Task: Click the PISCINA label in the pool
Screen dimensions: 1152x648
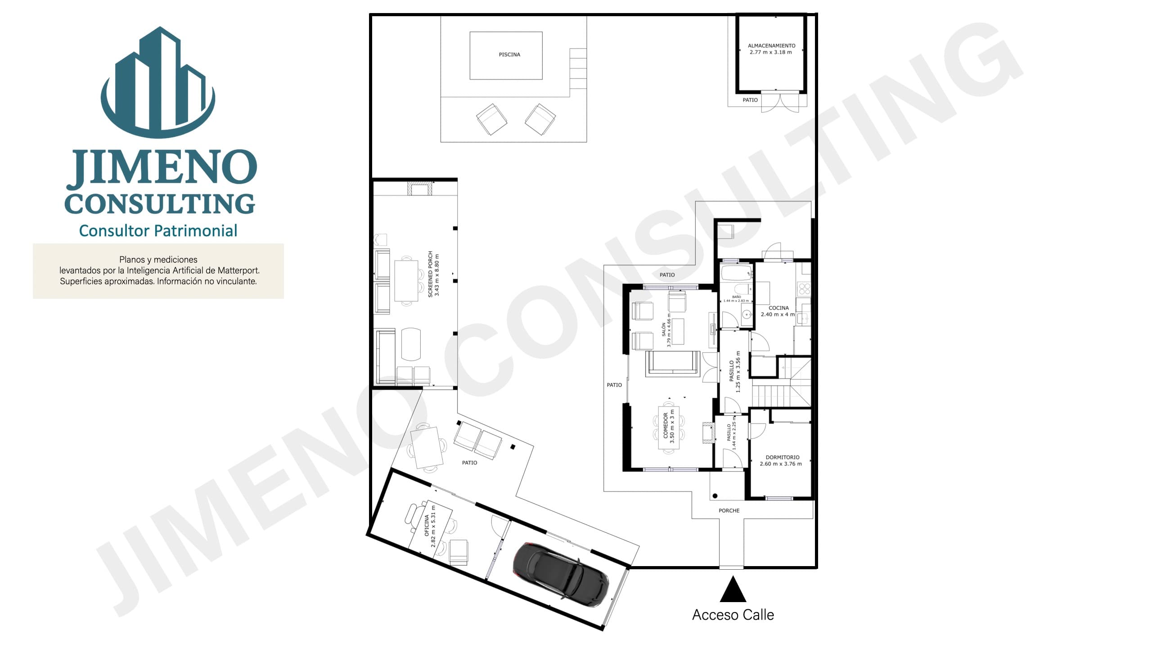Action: pyautogui.click(x=509, y=54)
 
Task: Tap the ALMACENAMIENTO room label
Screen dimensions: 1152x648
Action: pyautogui.click(x=771, y=45)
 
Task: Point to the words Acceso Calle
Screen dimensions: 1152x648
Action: pyautogui.click(x=733, y=615)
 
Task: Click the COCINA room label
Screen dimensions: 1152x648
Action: pyautogui.click(x=778, y=308)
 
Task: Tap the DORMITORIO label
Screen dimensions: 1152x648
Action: pyautogui.click(x=783, y=457)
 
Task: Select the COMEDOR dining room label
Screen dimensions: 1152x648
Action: pyautogui.click(x=666, y=426)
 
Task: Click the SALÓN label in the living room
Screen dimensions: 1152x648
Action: pyautogui.click(x=663, y=330)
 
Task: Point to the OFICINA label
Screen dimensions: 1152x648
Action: pyautogui.click(x=427, y=526)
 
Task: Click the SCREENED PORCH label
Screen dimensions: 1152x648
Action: pyautogui.click(x=430, y=274)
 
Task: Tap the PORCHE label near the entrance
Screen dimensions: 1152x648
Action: pyautogui.click(x=729, y=511)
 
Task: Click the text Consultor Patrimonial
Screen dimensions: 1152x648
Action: pyautogui.click(x=158, y=230)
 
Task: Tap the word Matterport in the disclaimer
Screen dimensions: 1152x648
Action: pyautogui.click(x=238, y=270)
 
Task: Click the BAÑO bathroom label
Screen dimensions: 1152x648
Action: pyautogui.click(x=736, y=297)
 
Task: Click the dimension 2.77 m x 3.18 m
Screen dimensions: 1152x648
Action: pyautogui.click(x=770, y=52)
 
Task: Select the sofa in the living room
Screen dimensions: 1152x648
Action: pyautogui.click(x=672, y=363)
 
